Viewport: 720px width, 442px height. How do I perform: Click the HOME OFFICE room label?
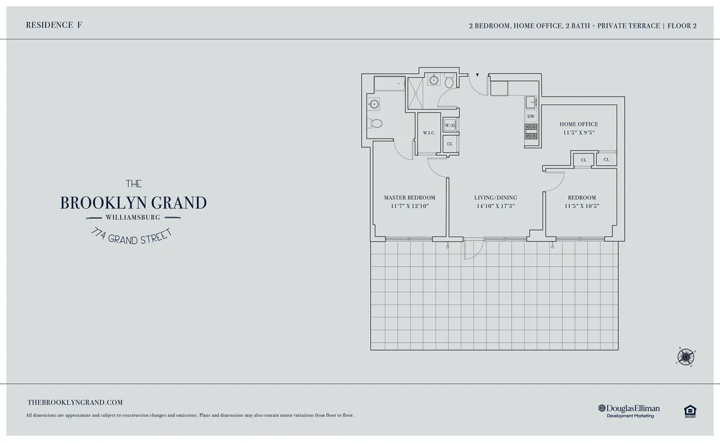click(579, 124)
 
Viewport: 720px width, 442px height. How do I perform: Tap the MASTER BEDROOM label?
click(409, 197)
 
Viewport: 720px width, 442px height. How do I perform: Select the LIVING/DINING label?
click(495, 197)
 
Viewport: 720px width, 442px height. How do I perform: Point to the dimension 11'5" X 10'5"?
click(581, 206)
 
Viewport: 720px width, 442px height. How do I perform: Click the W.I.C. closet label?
click(428, 133)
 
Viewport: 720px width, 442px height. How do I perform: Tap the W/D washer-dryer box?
click(450, 125)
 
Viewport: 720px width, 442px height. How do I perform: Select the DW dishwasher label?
click(531, 116)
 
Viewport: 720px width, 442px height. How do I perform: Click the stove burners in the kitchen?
click(531, 131)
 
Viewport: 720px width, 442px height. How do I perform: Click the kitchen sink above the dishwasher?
click(531, 102)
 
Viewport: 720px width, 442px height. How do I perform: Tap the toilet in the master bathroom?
click(376, 124)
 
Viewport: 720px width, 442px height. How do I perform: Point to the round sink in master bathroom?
click(374, 104)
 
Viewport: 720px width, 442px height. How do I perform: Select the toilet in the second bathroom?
click(449, 82)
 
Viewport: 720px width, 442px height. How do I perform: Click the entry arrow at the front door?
click(477, 76)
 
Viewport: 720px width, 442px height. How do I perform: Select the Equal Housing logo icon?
click(689, 410)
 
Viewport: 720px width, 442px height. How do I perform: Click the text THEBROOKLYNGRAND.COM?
click(75, 403)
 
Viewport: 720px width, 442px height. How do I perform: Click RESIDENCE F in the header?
click(55, 25)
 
